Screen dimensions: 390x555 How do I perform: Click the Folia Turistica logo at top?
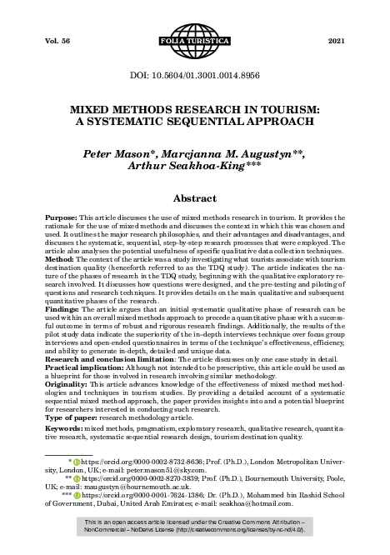point(195,40)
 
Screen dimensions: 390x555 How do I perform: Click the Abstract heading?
point(195,200)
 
